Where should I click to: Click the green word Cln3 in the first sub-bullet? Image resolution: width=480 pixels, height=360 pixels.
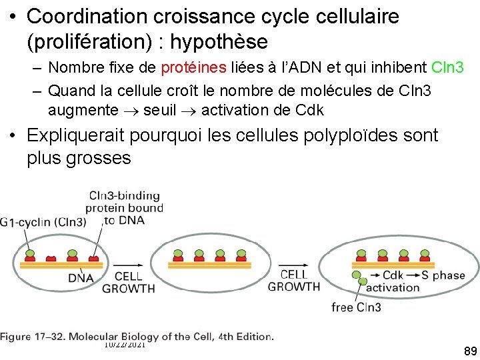[x=448, y=67]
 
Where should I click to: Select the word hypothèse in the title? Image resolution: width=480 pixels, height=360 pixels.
[x=219, y=42]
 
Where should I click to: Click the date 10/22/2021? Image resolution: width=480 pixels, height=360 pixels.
[x=125, y=343]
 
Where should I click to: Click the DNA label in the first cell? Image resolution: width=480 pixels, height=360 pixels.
[x=81, y=278]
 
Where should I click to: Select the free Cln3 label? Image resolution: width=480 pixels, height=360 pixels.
[x=357, y=307]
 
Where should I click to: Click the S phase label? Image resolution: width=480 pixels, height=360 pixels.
[x=449, y=275]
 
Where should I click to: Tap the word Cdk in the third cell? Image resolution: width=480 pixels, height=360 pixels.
[x=393, y=275]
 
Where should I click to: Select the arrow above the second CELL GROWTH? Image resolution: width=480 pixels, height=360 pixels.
[x=293, y=263]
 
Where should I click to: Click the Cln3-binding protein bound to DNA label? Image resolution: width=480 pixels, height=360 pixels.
[x=125, y=207]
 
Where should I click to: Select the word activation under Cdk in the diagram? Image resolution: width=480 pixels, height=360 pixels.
[x=393, y=288]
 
